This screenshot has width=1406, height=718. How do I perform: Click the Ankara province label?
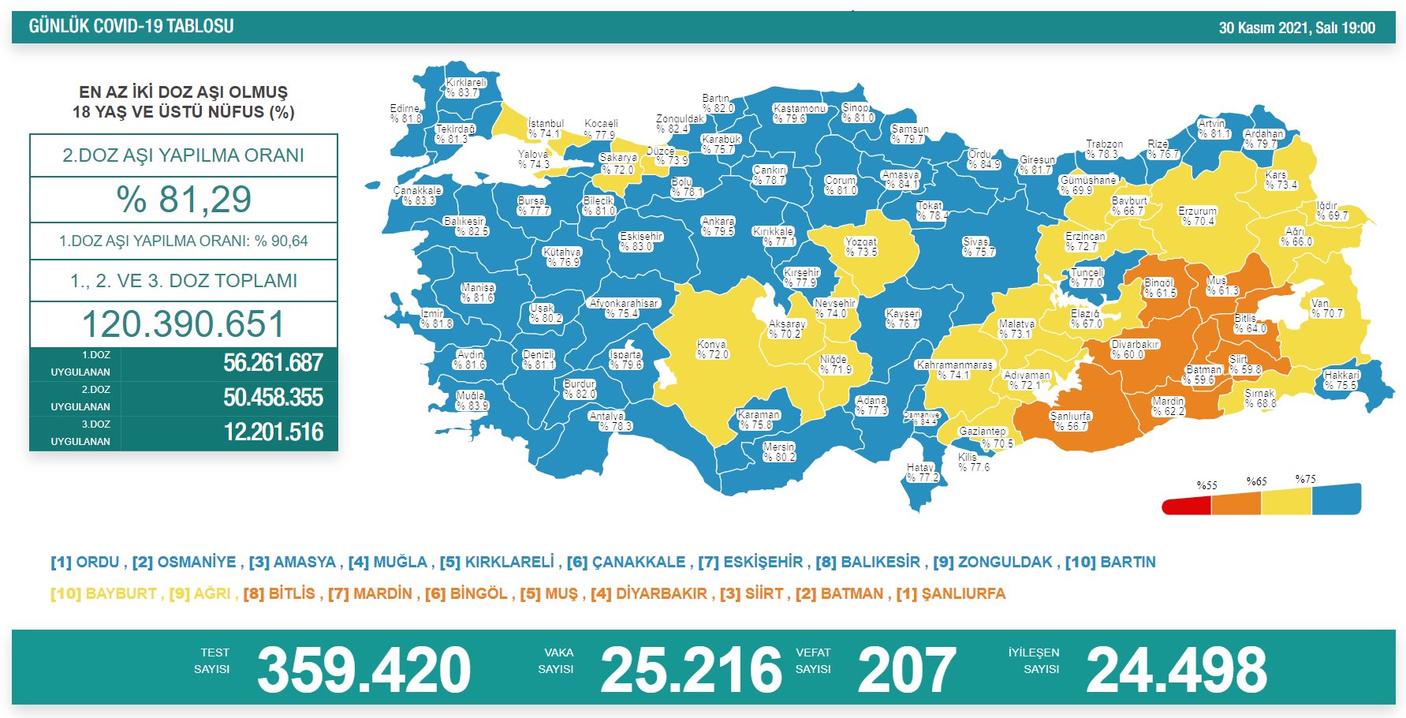tap(718, 226)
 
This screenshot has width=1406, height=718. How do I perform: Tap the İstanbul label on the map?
tap(545, 129)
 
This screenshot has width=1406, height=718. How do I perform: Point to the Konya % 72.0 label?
tap(712, 350)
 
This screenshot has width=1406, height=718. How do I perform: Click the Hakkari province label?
tap(1341, 380)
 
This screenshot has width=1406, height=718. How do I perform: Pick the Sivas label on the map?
tap(977, 247)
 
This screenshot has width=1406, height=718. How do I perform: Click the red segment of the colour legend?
tap(1186, 505)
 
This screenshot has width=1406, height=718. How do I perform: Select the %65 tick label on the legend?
tap(1256, 481)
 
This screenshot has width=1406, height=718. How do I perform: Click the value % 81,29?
tap(184, 200)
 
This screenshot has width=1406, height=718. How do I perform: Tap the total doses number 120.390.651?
tap(184, 324)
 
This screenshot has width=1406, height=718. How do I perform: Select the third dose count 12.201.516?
tap(273, 432)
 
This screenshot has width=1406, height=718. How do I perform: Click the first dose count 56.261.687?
tap(273, 363)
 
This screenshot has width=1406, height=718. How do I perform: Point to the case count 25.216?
tap(691, 670)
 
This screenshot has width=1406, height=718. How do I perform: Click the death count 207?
tap(907, 670)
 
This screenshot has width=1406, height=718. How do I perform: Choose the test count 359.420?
tap(364, 670)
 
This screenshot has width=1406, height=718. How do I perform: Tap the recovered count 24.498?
tap(1176, 670)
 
